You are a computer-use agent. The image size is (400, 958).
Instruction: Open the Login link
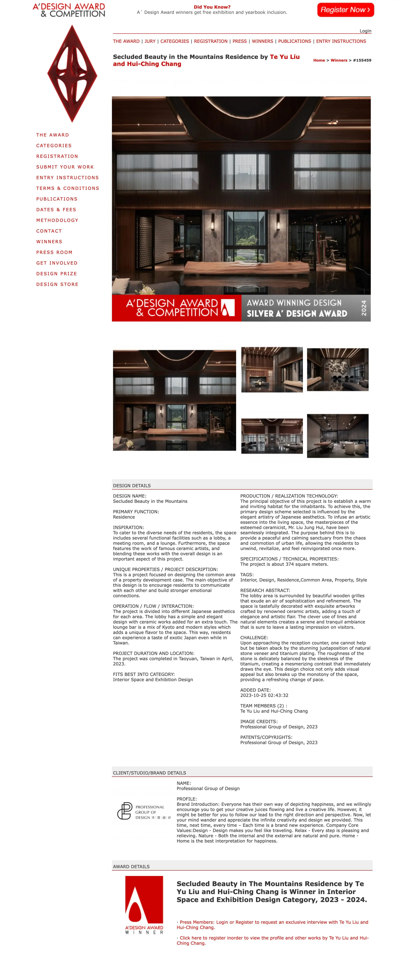coord(365,31)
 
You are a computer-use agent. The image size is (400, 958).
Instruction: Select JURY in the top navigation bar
coord(150,41)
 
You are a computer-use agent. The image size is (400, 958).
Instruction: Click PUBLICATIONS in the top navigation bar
coord(294,41)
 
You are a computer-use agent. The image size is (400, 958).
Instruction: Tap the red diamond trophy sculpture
coord(72,74)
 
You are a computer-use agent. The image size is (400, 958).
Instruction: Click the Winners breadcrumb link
coord(339,60)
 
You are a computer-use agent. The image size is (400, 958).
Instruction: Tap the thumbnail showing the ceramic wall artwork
coord(337,370)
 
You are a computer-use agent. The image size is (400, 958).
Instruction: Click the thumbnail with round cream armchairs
coord(337,436)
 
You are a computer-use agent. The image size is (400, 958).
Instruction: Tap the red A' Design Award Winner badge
coord(144,905)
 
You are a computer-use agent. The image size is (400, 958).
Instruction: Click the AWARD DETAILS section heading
coord(131,867)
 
